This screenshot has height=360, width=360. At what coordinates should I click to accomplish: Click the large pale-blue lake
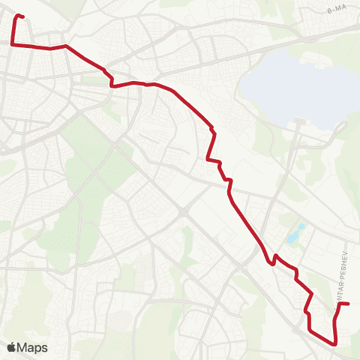pos(292,86)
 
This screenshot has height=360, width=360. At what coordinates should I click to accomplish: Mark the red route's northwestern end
pos(23,16)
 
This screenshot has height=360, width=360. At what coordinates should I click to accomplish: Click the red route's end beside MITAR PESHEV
pos(349,304)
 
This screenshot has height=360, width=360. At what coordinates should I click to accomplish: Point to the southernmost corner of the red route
pos(334,343)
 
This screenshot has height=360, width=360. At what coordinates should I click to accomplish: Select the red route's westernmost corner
pos(11,45)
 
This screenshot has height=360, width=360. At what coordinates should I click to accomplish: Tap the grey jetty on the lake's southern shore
pos(300,120)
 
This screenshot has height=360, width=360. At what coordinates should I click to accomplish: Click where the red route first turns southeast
pos(67,46)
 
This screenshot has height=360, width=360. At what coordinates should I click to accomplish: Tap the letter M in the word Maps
pos(24,347)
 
